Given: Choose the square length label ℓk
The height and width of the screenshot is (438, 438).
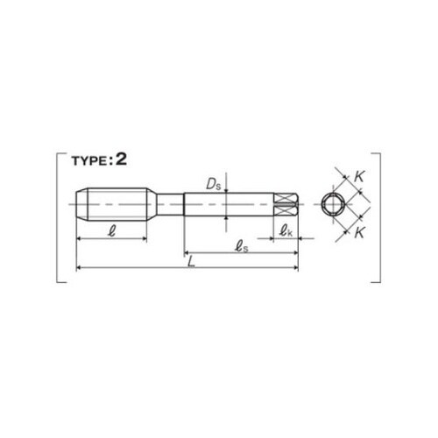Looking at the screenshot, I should coord(286,230).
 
